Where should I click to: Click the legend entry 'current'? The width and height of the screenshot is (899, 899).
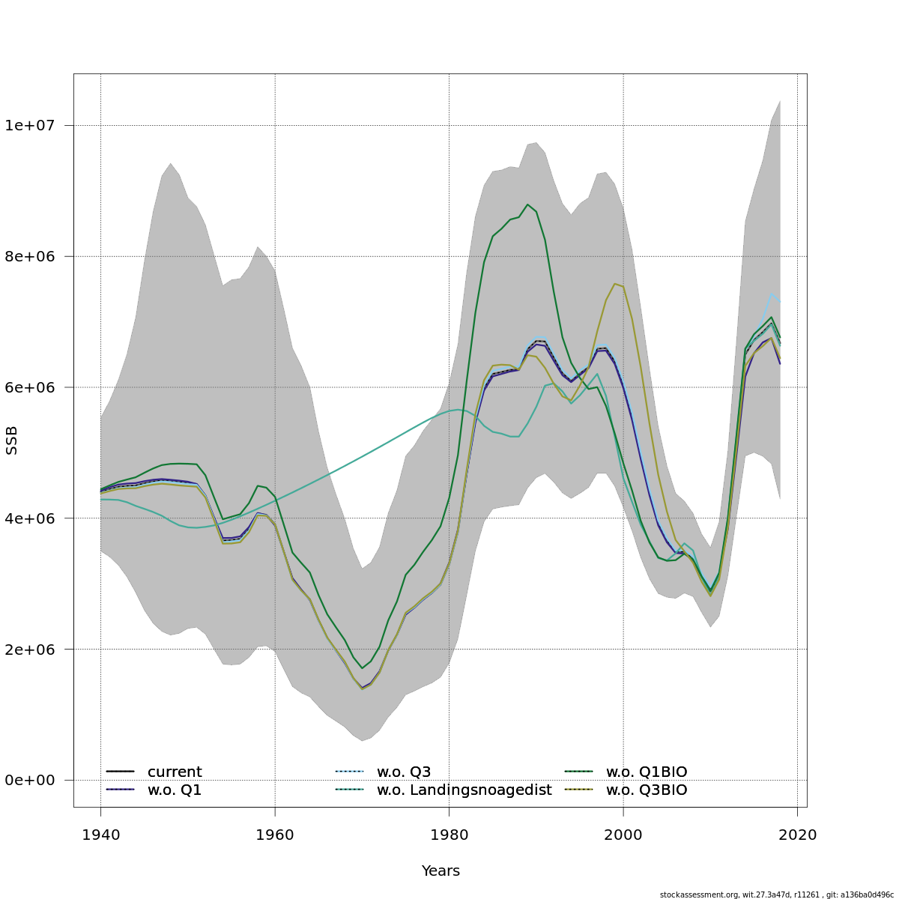175,772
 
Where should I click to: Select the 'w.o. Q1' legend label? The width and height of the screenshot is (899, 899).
175,790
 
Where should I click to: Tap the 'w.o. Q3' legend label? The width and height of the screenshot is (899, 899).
404,772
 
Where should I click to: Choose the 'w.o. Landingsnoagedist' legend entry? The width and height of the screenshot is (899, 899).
464,790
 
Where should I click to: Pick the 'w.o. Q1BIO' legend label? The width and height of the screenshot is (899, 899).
646,772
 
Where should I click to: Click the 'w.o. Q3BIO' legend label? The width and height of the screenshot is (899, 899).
646,790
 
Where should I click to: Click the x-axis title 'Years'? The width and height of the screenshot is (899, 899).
441,871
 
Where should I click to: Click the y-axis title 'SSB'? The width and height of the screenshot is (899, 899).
11,441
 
